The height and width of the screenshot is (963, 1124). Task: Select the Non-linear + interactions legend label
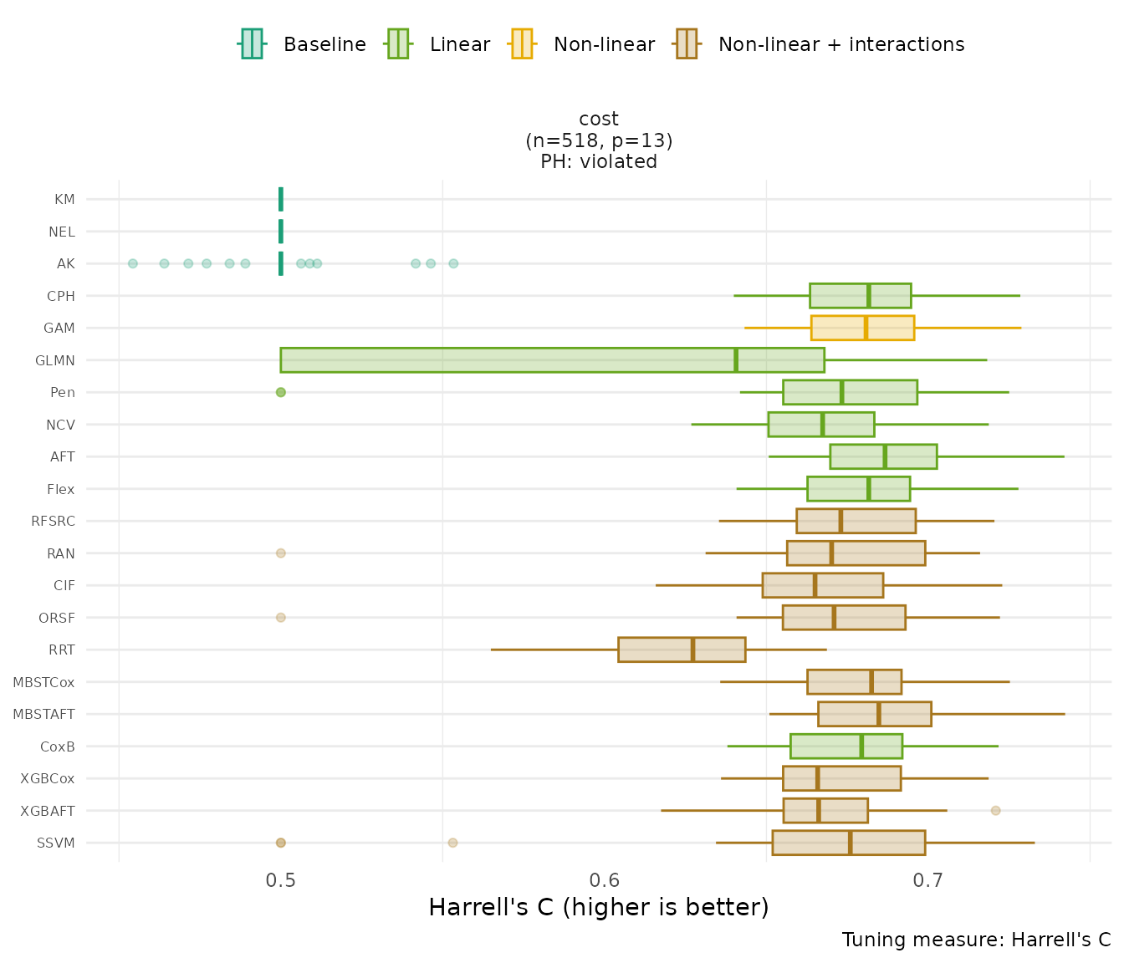840,44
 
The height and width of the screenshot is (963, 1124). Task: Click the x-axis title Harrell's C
598,907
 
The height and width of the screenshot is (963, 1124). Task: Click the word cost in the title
599,119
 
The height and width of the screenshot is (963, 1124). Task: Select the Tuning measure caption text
976,940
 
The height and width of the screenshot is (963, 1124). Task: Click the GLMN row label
54,360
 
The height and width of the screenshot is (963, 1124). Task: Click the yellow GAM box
862,328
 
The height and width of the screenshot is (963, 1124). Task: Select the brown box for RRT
682,650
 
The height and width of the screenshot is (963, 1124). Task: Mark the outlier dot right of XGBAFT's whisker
995,810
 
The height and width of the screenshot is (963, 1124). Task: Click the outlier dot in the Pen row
281,392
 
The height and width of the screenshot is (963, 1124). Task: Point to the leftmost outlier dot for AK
132,263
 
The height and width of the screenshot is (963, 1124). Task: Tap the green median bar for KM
281,199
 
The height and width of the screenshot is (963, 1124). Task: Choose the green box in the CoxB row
846,746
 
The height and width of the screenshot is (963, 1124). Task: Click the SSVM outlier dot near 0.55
452,843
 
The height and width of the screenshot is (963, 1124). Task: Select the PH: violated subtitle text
599,162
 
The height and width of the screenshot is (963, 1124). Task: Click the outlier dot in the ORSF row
281,618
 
